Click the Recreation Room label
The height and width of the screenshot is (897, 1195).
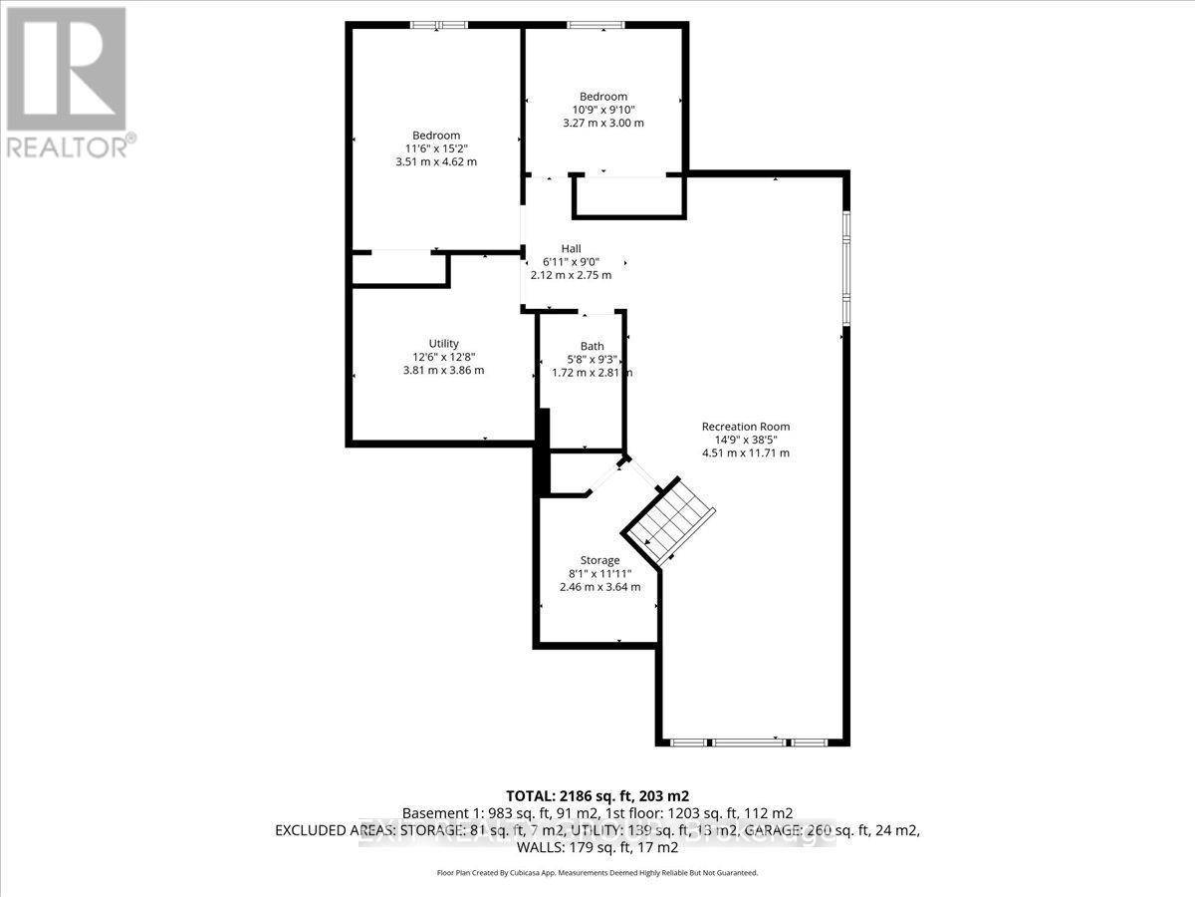pyautogui.click(x=746, y=427)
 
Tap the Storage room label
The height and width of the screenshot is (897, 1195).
pyautogui.click(x=599, y=560)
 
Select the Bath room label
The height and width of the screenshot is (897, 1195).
pyautogui.click(x=592, y=346)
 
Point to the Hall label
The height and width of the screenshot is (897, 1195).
pyautogui.click(x=571, y=248)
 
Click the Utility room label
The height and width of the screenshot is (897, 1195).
pyautogui.click(x=443, y=344)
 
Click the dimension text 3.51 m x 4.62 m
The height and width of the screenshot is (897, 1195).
pyautogui.click(x=436, y=161)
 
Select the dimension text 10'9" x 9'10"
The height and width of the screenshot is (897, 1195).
pyautogui.click(x=603, y=110)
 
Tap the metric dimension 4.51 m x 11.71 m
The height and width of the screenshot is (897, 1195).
pyautogui.click(x=746, y=452)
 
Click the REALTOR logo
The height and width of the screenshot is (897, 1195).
pyautogui.click(x=67, y=80)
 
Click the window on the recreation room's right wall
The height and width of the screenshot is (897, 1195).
pyautogui.click(x=846, y=266)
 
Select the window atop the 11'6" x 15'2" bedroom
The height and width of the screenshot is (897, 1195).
pyautogui.click(x=439, y=26)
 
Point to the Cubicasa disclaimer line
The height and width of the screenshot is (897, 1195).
pyautogui.click(x=597, y=872)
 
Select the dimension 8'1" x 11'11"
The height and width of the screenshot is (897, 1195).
pyautogui.click(x=599, y=573)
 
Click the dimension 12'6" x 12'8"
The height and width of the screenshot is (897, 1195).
pyautogui.click(x=443, y=357)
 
